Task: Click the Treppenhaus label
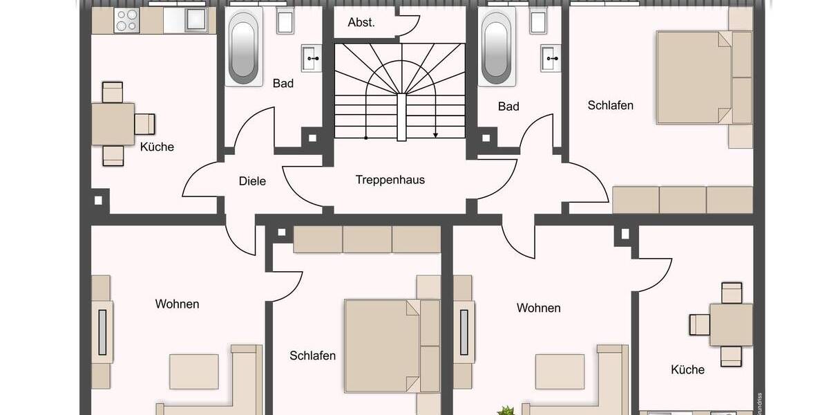[x=390, y=180]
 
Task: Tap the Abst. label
[x=361, y=22]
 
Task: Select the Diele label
[x=252, y=181]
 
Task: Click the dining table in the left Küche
[x=114, y=124]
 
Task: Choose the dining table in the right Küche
[x=731, y=324]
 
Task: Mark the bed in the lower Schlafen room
[x=382, y=345]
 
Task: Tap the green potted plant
[x=506, y=411]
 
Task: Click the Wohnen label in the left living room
[x=177, y=304]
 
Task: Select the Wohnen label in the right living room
[x=538, y=308]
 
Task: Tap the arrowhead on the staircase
[x=435, y=136]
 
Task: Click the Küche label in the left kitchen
[x=157, y=147]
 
